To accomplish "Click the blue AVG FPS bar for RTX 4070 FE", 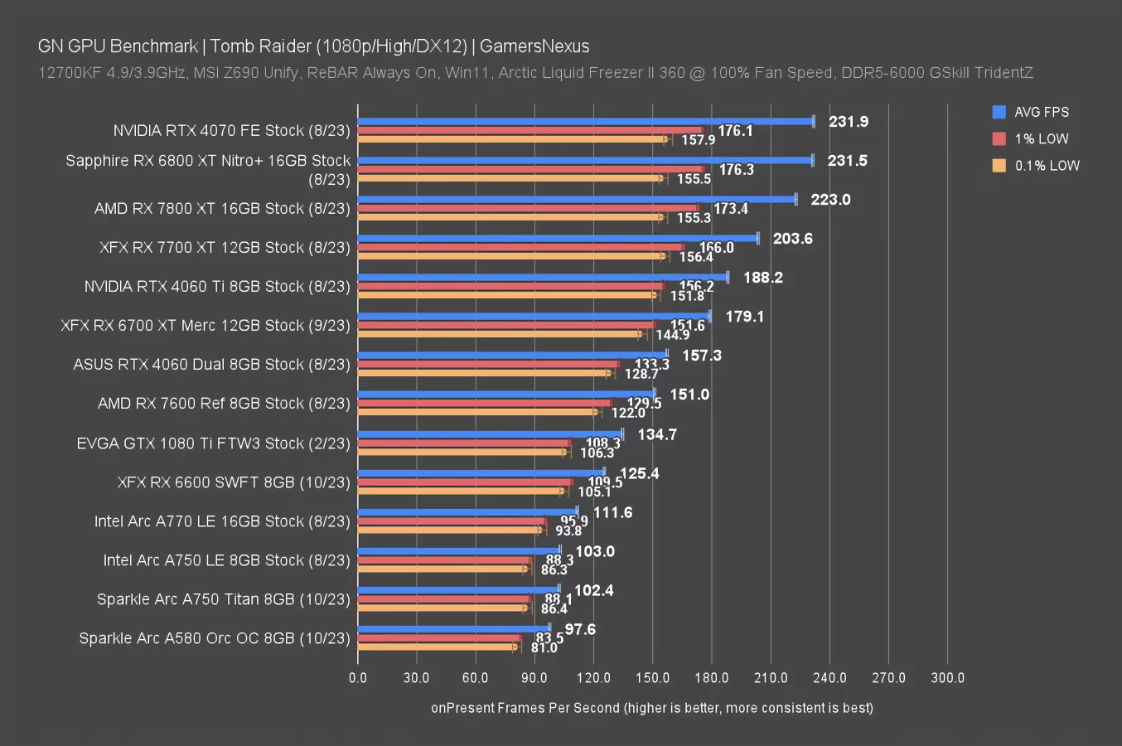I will (x=585, y=121).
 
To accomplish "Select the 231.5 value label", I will (x=847, y=161).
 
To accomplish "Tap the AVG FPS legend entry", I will (x=1041, y=112).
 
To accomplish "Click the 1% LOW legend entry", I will (x=1041, y=138).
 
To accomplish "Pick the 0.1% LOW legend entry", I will (x=1047, y=165).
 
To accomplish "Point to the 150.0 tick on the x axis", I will (x=652, y=678).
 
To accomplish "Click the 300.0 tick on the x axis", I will (x=947, y=678).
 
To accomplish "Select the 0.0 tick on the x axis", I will (x=358, y=678).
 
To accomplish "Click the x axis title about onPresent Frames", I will (x=651, y=708).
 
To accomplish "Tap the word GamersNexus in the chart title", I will (x=534, y=46).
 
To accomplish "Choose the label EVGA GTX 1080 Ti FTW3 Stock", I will (x=213, y=443).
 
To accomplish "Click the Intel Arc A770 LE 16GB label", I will (x=222, y=521).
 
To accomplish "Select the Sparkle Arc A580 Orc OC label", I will (x=214, y=638).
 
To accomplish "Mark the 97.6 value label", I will (x=580, y=630).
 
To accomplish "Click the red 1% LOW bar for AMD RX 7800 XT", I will (x=528, y=208).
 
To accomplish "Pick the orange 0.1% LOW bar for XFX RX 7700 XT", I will (x=511, y=256).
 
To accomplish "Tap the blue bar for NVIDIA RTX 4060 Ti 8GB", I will (x=543, y=277).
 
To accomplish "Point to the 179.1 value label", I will (x=744, y=317).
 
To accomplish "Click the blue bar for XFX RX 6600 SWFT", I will (x=481, y=472).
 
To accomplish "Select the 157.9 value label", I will (x=698, y=140).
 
